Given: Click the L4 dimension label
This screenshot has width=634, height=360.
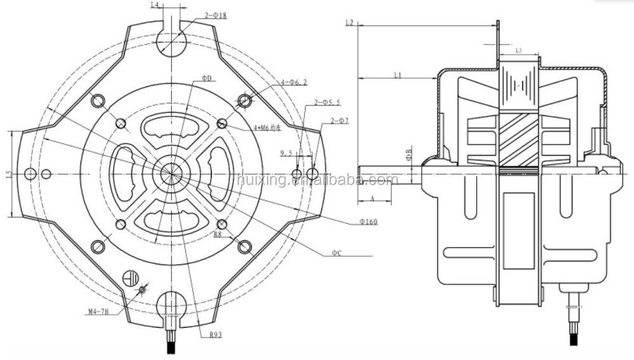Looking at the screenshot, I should click(154, 6).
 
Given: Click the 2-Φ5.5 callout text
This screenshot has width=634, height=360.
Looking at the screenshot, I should click(327, 102).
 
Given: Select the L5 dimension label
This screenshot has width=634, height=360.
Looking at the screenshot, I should click(8, 173).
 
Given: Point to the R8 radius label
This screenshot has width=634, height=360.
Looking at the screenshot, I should click(217, 234).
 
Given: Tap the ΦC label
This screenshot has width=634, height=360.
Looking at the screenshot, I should click(337, 253).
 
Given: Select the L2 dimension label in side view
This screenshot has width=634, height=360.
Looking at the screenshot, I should click(349, 23).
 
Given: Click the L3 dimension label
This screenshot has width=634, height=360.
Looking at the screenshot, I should click(518, 49).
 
